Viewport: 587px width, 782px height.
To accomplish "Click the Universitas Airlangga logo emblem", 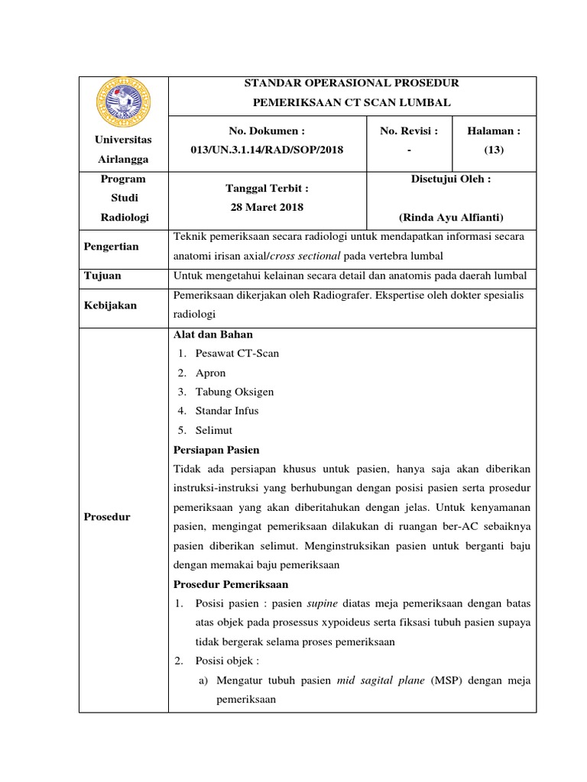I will point(123,102).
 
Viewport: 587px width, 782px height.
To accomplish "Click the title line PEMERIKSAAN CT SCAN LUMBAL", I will point(352,102).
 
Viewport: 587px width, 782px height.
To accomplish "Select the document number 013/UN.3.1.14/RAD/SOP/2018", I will point(267,150).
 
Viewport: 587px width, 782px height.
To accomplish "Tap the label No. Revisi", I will point(409,131).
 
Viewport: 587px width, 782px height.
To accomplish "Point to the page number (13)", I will point(494,150).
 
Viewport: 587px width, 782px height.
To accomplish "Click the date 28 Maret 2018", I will point(267,207).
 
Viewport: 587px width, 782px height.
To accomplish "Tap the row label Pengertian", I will point(112,246).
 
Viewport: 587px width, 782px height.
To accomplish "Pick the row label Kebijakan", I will point(111,305).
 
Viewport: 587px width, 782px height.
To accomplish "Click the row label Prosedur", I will point(108,516).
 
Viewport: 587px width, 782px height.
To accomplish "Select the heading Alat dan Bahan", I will point(213,334).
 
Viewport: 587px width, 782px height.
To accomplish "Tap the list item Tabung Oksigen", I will point(235,392).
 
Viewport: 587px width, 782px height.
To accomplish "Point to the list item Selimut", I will point(213,430).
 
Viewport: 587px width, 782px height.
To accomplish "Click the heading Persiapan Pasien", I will point(217,449).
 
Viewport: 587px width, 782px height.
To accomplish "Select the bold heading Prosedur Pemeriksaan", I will point(232,584).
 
